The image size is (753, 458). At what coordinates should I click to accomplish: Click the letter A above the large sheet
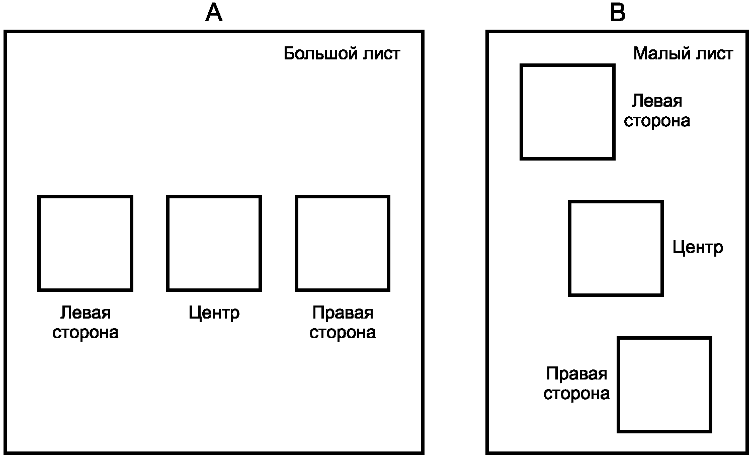[214, 13]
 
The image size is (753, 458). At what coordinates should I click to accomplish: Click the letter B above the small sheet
[617, 13]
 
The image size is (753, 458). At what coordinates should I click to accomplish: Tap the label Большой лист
[342, 53]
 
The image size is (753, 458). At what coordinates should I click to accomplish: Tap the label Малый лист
[683, 53]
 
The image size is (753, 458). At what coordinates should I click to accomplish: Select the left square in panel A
[85, 243]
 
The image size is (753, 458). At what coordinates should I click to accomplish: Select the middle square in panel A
[214, 243]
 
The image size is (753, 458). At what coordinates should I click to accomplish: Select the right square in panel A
[343, 243]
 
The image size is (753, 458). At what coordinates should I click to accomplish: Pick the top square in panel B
[567, 112]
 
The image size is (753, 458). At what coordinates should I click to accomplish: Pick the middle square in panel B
[616, 248]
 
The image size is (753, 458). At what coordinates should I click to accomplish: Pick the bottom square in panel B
[664, 385]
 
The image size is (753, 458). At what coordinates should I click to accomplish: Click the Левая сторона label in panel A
[85, 323]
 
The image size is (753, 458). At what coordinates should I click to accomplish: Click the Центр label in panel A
[214, 313]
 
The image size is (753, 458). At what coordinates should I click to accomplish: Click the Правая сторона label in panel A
[343, 323]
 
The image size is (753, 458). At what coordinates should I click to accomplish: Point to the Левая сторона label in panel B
[657, 111]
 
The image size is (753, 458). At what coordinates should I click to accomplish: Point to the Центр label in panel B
[698, 248]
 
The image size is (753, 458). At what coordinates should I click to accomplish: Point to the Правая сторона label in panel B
[576, 383]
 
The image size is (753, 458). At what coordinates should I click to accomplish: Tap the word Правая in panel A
[343, 313]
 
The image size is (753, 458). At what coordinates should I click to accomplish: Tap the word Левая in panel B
[657, 101]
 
